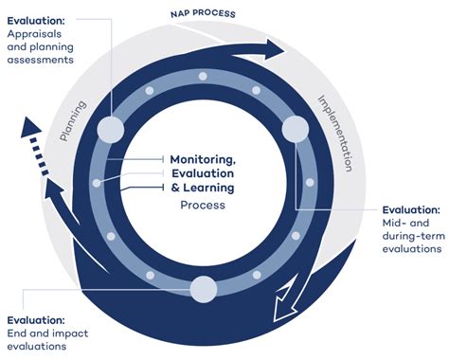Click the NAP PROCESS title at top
pos(203,14)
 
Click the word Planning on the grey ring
pos(74,120)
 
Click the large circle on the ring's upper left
pos(111,129)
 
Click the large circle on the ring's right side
pos(295,129)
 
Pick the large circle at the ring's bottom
pos(203,288)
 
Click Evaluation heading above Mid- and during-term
pos(411,209)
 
